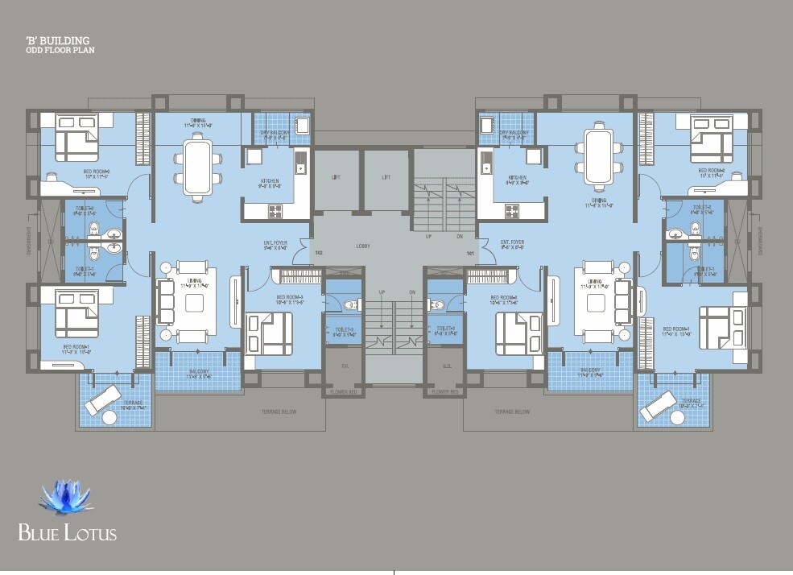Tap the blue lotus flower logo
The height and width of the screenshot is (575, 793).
(65, 500)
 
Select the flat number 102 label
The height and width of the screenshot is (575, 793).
(319, 254)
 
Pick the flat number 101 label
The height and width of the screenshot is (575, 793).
(469, 254)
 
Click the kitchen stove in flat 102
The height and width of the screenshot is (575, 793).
(275, 211)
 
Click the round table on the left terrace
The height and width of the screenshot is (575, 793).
(109, 417)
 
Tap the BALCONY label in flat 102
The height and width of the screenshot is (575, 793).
(198, 371)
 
